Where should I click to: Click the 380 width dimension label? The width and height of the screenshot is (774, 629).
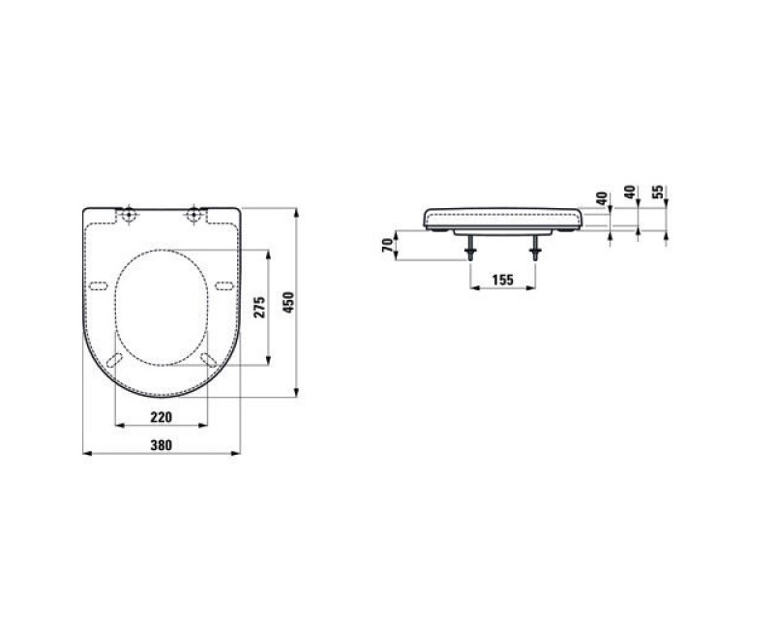tap(162, 445)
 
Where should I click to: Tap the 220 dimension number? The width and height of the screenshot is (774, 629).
tap(162, 417)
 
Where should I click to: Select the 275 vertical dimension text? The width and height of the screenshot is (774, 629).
tap(259, 307)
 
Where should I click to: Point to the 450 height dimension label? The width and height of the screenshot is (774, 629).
tap(288, 302)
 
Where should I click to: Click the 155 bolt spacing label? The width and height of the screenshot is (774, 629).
tap(502, 280)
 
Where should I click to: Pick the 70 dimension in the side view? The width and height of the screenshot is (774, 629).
tap(388, 246)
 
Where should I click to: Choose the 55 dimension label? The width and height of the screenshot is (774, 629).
tap(658, 192)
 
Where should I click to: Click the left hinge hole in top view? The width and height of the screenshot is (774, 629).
tap(129, 215)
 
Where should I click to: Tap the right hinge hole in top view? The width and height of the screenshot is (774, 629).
tap(194, 215)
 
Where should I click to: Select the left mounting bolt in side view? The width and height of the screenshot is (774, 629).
tap(470, 248)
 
